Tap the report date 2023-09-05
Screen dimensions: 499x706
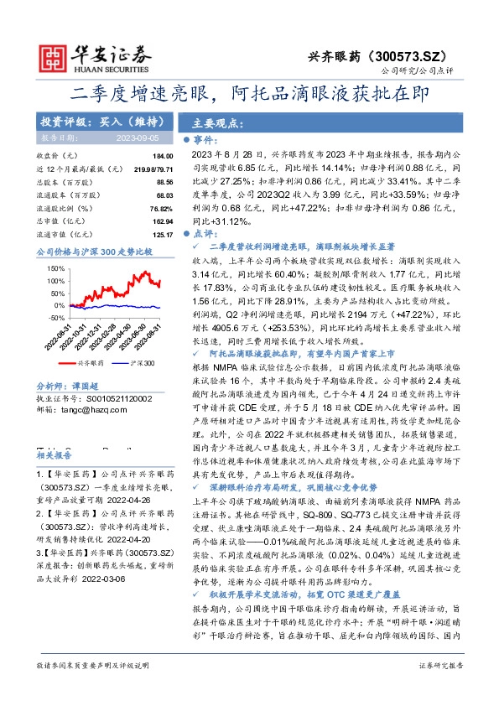pos(138,139)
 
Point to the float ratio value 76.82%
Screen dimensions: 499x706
pos(161,206)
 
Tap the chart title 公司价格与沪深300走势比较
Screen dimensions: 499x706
pos(95,251)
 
